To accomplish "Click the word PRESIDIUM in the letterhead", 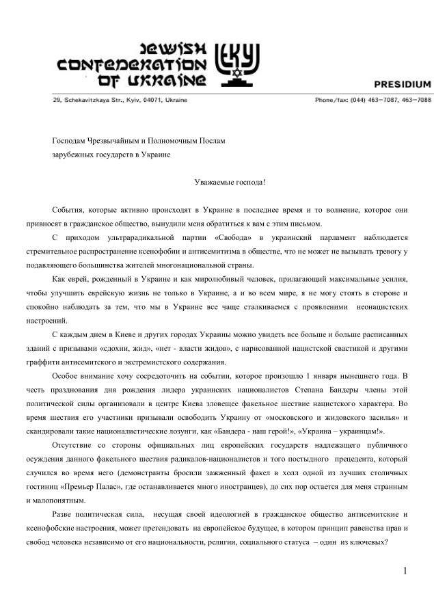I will [402, 85].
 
